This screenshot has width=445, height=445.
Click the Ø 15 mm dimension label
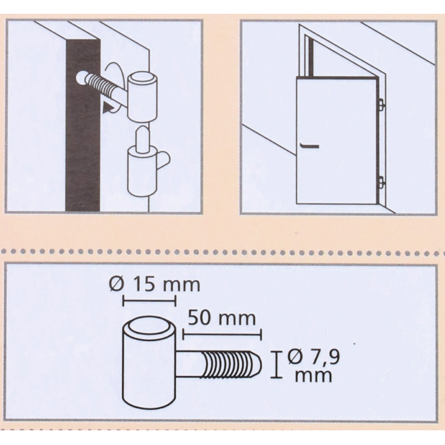[x=155, y=284]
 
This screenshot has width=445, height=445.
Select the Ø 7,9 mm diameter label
[x=313, y=366]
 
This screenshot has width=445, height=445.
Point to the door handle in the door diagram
[x=309, y=146]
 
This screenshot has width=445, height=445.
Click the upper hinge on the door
[x=381, y=104]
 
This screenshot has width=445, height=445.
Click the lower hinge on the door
[x=381, y=182]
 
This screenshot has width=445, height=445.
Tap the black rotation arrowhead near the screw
[x=108, y=109]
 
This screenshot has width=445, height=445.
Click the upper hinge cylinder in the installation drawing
[x=142, y=97]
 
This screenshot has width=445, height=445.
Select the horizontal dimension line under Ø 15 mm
[x=149, y=301]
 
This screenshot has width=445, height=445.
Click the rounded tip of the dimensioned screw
[x=257, y=365]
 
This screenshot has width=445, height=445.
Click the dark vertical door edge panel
[x=83, y=125]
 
